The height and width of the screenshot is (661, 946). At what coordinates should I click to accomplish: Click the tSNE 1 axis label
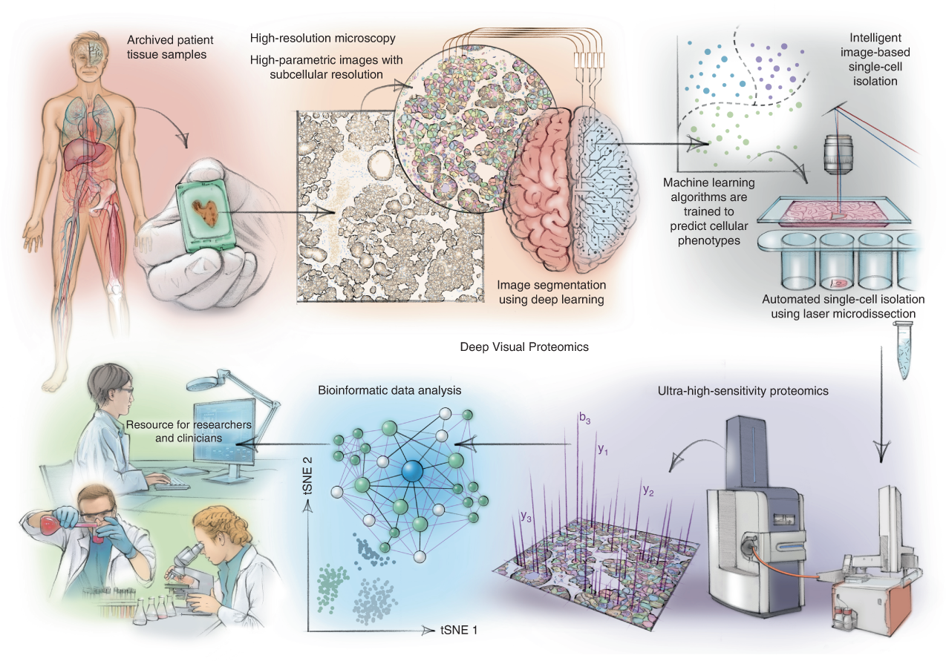coord(462,630)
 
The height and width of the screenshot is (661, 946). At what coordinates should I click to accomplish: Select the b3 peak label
coord(585,421)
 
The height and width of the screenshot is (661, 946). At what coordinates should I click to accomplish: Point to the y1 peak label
coord(603,450)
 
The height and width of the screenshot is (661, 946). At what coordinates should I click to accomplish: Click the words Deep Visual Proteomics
coord(513,346)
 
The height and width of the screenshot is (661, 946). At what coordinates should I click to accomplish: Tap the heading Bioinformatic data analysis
coord(388,389)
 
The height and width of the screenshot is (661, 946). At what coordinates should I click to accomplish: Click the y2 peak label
coord(648,490)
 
